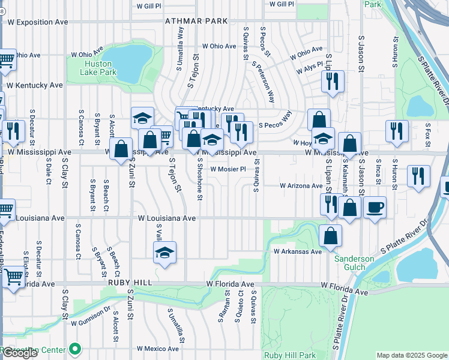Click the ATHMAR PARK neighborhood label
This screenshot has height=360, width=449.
point(197,21)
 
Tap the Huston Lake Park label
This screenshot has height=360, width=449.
point(100,68)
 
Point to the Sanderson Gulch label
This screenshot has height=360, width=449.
point(354,263)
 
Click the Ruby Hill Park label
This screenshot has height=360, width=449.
point(290,355)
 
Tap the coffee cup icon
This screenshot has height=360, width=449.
point(375,208)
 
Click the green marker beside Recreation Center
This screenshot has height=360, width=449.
point(75,348)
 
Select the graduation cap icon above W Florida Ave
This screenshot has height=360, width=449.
point(164,253)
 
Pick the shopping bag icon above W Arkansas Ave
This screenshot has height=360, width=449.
point(330,236)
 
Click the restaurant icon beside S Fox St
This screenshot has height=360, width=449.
point(418,176)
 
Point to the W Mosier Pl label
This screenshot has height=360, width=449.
point(228,169)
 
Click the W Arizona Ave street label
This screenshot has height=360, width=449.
point(301,186)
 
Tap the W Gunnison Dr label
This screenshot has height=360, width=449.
point(91,323)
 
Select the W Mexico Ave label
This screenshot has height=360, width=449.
point(158,349)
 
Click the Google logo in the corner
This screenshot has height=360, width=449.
point(20,353)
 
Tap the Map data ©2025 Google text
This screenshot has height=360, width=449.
point(411,355)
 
